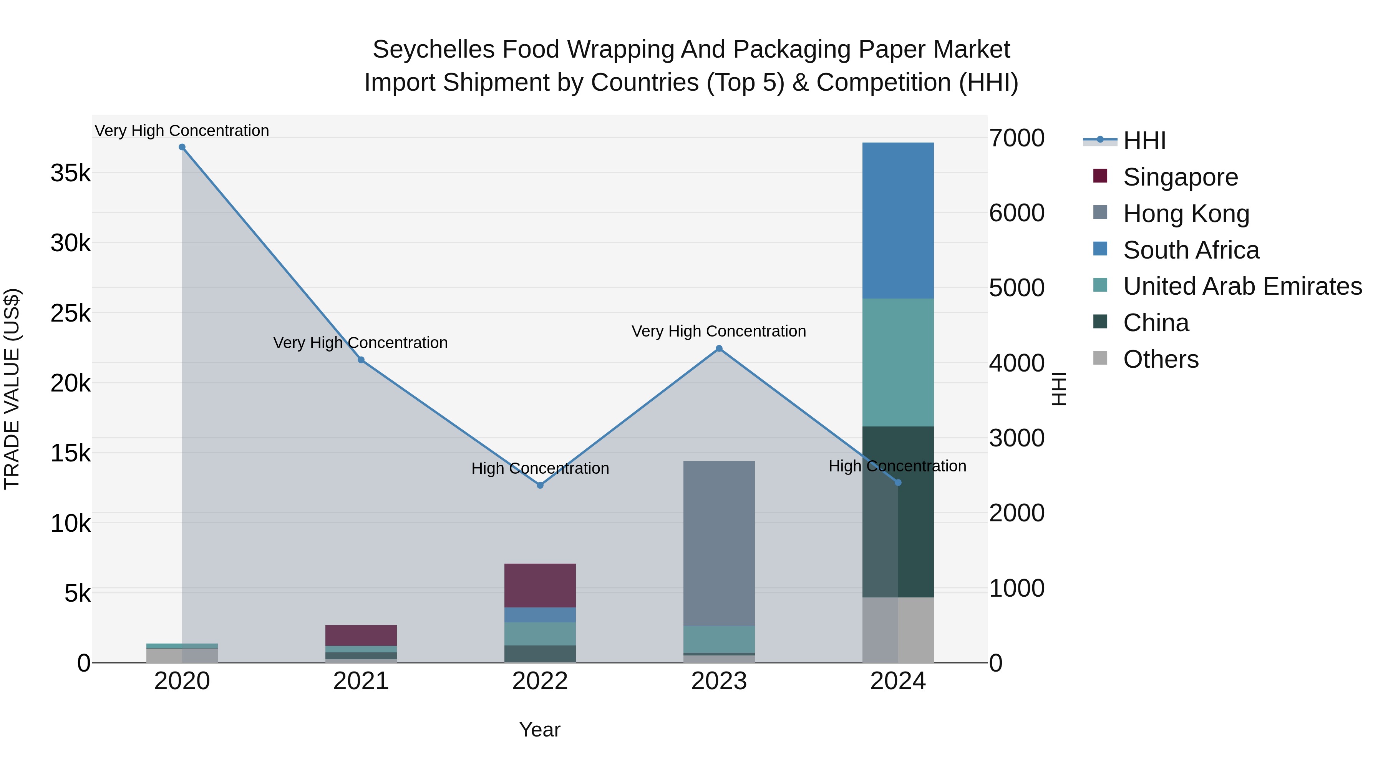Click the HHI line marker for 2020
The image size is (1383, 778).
pos(182,147)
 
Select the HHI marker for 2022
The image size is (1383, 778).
pos(540,485)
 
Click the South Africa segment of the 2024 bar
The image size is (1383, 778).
pos(898,220)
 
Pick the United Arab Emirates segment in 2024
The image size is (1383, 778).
pos(898,362)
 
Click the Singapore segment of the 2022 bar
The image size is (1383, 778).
pos(540,585)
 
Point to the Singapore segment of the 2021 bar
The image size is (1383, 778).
pos(361,635)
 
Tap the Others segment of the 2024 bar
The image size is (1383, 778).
pos(898,629)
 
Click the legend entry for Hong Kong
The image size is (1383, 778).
pos(1186,214)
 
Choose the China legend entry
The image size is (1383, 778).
pos(1155,323)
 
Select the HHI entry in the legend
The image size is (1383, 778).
pos(1144,141)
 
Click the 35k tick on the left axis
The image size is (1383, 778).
pos(70,173)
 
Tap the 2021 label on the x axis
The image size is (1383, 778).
pos(361,681)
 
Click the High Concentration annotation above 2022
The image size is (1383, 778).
pos(540,468)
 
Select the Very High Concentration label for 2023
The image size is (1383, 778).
pos(718,331)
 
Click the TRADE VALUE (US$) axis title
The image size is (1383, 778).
pos(12,389)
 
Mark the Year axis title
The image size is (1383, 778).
pos(540,730)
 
